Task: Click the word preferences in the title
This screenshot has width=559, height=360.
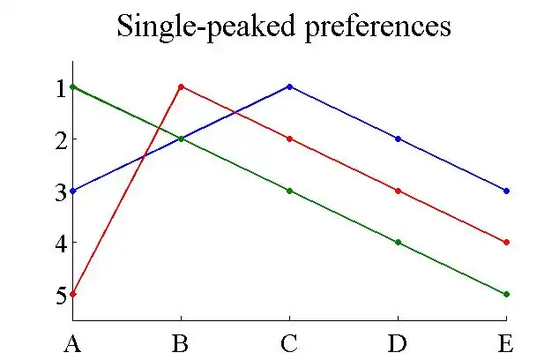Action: pyautogui.click(x=370, y=27)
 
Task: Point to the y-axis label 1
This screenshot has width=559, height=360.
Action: pyautogui.click(x=61, y=87)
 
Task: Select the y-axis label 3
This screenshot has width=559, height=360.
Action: pyautogui.click(x=61, y=191)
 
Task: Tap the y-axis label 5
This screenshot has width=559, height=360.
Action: pyautogui.click(x=61, y=295)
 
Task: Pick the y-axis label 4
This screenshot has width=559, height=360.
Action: pyautogui.click(x=61, y=243)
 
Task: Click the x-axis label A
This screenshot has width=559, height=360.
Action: pyautogui.click(x=72, y=342)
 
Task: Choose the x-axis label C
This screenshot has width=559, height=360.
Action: pyautogui.click(x=289, y=342)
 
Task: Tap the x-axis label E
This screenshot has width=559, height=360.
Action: pyautogui.click(x=505, y=342)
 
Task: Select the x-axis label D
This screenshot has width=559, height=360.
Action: pyautogui.click(x=398, y=342)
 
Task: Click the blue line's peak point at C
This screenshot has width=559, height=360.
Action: pyautogui.click(x=289, y=86)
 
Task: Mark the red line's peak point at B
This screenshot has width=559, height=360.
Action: pyautogui.click(x=181, y=86)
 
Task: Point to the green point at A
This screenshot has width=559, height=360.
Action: pyautogui.click(x=72, y=86)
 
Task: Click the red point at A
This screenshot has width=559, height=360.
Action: pyautogui.click(x=72, y=294)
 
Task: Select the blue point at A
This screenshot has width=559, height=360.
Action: pyautogui.click(x=72, y=191)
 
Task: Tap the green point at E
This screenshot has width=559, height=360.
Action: pyautogui.click(x=506, y=294)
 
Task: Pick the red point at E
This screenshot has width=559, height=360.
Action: pyautogui.click(x=506, y=242)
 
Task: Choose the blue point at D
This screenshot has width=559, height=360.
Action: pyautogui.click(x=398, y=139)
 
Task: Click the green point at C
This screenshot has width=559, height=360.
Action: pyautogui.click(x=289, y=191)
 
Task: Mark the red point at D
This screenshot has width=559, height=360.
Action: pyautogui.click(x=398, y=191)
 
